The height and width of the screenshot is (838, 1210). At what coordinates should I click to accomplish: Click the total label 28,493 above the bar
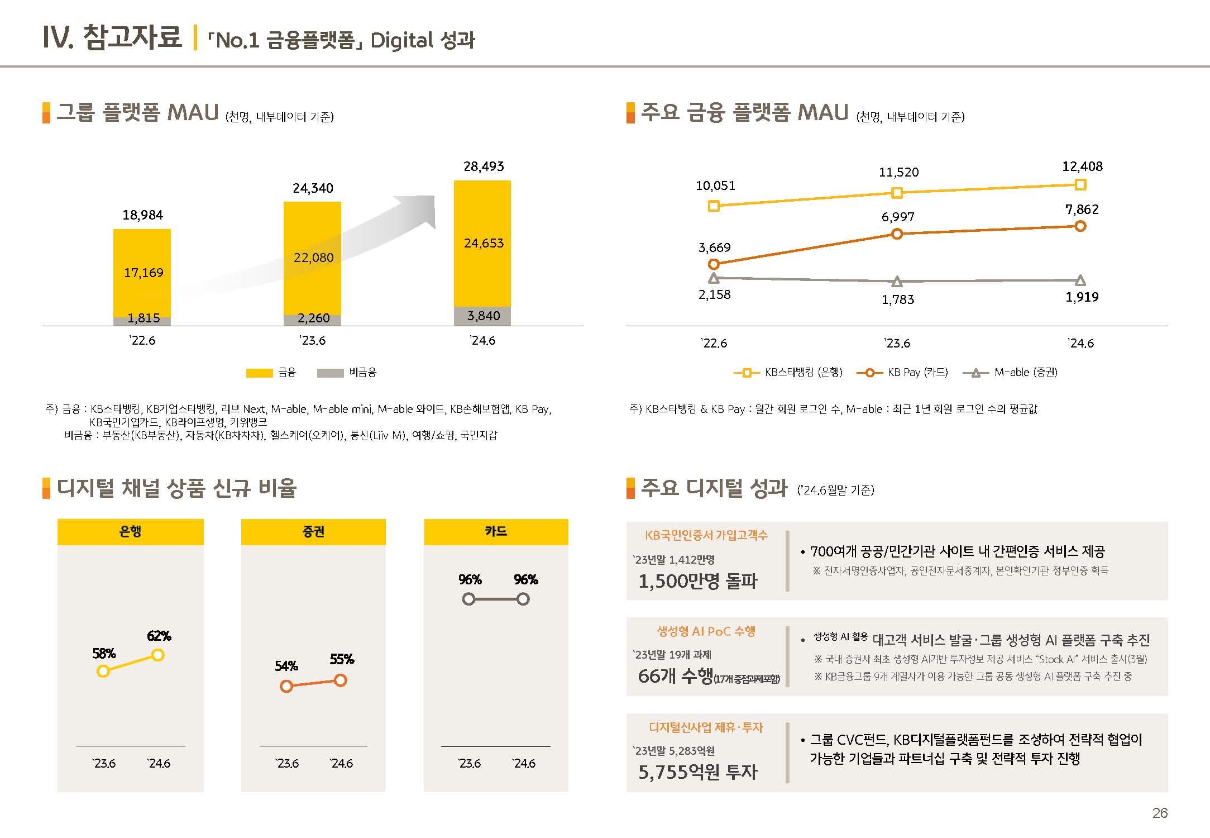pos(484,166)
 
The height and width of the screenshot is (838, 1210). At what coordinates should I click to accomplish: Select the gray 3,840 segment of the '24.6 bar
pos(482,316)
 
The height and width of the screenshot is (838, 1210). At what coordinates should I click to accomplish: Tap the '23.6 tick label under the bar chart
pos(313,341)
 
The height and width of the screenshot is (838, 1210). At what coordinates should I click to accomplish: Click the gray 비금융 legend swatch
pos(330,373)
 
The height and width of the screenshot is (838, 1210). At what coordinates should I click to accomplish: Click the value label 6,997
pos(898,217)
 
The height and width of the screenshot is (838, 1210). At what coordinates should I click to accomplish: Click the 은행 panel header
pos(130,531)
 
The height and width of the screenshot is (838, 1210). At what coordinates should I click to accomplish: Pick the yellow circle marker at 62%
pos(158,655)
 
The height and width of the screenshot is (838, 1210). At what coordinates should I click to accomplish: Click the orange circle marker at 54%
pos(286,686)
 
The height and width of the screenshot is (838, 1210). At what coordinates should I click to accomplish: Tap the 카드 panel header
pos(496,531)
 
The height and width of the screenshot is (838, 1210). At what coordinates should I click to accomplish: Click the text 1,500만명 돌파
pos(698,582)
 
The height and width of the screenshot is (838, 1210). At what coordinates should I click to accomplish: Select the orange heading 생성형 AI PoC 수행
pos(706,631)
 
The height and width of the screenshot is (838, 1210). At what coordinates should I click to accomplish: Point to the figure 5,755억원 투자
pos(698,772)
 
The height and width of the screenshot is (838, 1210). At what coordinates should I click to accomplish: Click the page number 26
pos(1160,813)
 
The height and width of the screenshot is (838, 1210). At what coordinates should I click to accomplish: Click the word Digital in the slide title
pos(401,41)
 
